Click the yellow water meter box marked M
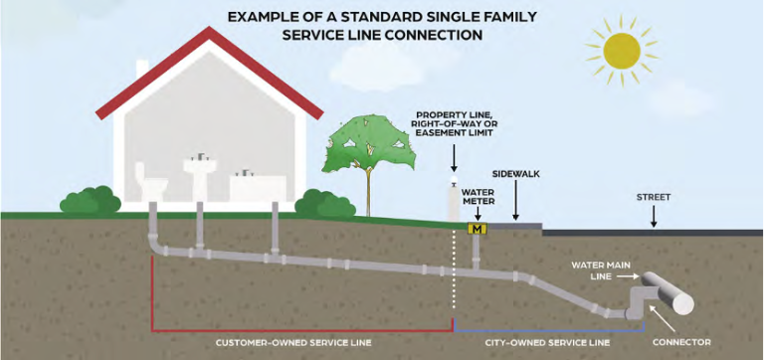[477, 230]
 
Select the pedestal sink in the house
[202, 174]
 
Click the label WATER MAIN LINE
[597, 270]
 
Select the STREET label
[654, 197]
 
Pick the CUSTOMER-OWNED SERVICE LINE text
[293, 342]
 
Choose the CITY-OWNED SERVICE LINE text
[546, 342]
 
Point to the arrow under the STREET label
[654, 216]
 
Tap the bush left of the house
[88, 202]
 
